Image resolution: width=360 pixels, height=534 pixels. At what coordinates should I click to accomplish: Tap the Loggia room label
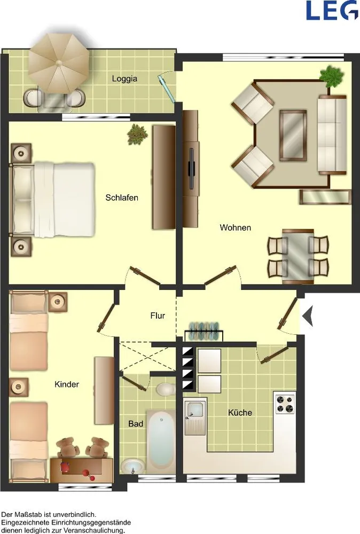pos(124,78)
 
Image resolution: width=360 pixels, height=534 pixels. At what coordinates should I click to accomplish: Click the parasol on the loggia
pos(59,63)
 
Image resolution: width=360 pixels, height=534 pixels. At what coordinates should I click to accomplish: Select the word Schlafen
pos(122,198)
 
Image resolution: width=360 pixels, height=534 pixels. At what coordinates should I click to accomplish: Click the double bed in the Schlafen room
pos(52,200)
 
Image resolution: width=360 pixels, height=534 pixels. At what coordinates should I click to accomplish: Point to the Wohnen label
pos(236,227)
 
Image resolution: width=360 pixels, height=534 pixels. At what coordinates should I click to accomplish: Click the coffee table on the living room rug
pos(293,135)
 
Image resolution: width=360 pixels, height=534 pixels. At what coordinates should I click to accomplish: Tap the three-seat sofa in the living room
pos(332,135)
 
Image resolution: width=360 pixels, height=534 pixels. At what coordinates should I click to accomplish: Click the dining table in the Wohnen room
pos(298,256)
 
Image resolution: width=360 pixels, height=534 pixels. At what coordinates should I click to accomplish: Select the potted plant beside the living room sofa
pos(331,76)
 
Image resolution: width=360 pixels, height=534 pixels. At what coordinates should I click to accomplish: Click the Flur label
pos(158,316)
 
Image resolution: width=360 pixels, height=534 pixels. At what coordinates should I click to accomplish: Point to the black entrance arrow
pos(308,316)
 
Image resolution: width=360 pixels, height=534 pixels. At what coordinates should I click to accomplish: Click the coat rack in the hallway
pos(204,331)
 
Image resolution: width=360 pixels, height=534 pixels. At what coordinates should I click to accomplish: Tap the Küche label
pos(240,412)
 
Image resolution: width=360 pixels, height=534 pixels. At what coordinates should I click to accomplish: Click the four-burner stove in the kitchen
pos(285,404)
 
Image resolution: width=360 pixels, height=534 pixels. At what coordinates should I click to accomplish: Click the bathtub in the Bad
pos(160,442)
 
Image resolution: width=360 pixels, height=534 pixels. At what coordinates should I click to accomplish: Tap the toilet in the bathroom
pos(166,389)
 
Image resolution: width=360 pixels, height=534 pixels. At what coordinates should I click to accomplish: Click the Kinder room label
pos(67,384)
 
